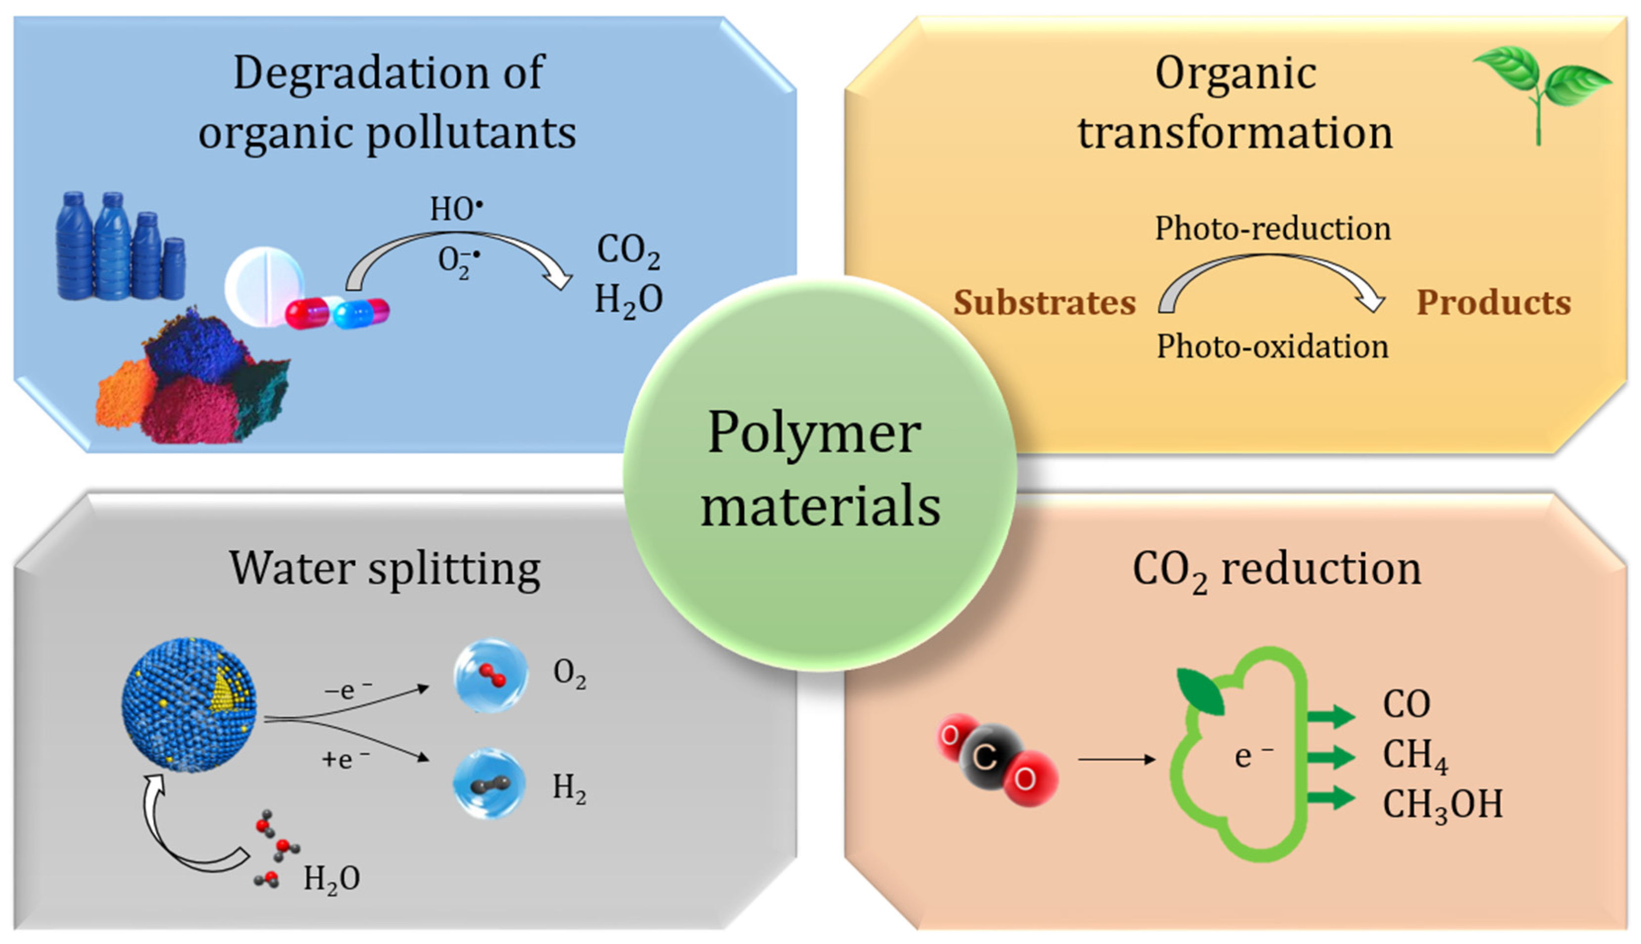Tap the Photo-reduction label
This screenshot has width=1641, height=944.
pos(1273,229)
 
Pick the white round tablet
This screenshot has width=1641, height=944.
pos(263,285)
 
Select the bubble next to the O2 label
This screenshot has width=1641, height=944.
pos(490,675)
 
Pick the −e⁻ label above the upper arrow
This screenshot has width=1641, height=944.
pos(348,690)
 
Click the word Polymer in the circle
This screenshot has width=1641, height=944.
pos(814,433)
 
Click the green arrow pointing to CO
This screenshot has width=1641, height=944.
pos(1329,716)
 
